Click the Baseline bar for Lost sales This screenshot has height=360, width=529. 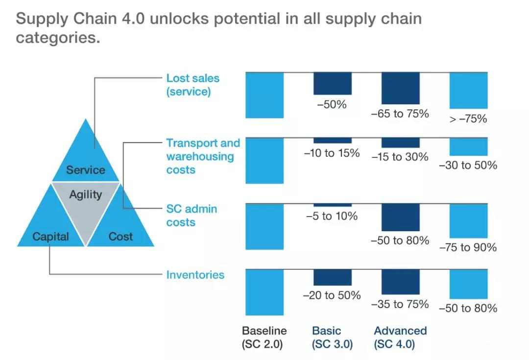pos(264,95)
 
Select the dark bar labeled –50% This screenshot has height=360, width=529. pos(333,83)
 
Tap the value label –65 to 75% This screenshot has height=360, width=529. pos(400,114)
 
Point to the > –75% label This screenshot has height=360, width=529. pos(468,119)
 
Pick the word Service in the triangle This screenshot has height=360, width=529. pos(86,169)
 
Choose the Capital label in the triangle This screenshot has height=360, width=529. pos(50,237)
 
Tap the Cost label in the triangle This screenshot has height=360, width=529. pos(120,237)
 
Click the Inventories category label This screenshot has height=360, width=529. pos(195,275)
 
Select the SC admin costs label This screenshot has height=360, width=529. pos(192,215)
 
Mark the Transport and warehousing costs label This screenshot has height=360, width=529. pos(203,156)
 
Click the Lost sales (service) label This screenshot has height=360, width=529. pos(192,85)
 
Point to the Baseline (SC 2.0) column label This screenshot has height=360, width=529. pos(264,337)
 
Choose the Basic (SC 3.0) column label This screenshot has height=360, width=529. pos(332,337)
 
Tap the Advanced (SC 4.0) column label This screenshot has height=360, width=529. pos(401,337)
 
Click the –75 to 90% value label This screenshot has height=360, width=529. pos(468,247)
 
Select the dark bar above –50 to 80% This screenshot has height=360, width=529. pos(401,217)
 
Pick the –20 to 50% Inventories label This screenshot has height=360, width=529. pos(332,295)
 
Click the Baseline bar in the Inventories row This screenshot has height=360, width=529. pos(264,292)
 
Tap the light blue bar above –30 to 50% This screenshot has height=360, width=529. pos(469,147)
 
